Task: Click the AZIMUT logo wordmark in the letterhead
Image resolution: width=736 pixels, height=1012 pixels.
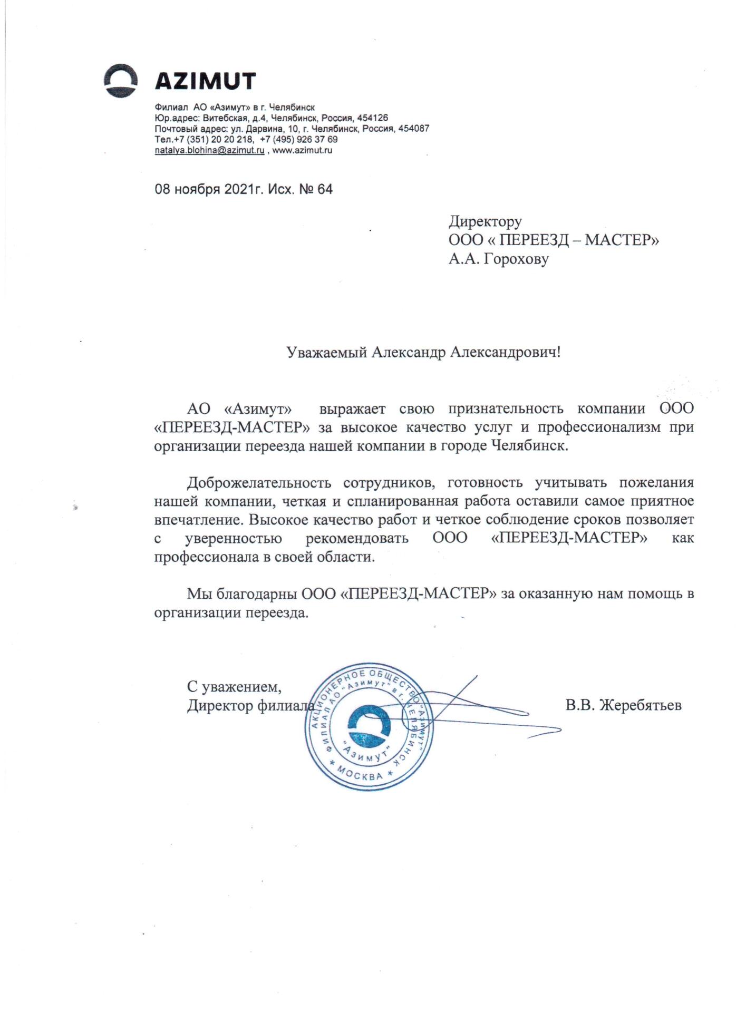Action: [x=205, y=81]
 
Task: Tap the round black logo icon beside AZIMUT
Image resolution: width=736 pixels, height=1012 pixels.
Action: [x=120, y=81]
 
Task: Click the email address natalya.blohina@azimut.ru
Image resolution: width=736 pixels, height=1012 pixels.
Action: [x=209, y=150]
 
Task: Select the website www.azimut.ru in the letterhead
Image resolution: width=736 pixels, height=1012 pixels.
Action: [x=302, y=150]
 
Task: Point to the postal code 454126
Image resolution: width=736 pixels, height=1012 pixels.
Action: [x=372, y=118]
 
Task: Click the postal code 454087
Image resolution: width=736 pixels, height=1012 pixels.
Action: [x=413, y=129]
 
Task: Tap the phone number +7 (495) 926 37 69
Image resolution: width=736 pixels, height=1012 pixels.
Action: [x=299, y=140]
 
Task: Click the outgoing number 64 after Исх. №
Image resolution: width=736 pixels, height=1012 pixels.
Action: [x=325, y=189]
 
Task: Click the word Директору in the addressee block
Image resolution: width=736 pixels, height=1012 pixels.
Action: [x=485, y=221]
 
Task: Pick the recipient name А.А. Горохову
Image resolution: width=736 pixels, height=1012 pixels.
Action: [x=498, y=259]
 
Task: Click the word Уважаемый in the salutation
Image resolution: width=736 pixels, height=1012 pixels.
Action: [x=327, y=352]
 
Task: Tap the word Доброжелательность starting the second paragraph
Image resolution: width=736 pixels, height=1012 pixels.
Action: [x=259, y=482]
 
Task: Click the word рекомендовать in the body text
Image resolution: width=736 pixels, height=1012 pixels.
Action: [x=357, y=539]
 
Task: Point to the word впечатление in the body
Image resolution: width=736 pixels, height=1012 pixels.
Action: [x=198, y=520]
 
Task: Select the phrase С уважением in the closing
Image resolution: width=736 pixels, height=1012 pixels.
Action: [x=234, y=686]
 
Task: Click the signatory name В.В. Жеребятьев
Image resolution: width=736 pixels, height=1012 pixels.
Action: [x=623, y=705]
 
